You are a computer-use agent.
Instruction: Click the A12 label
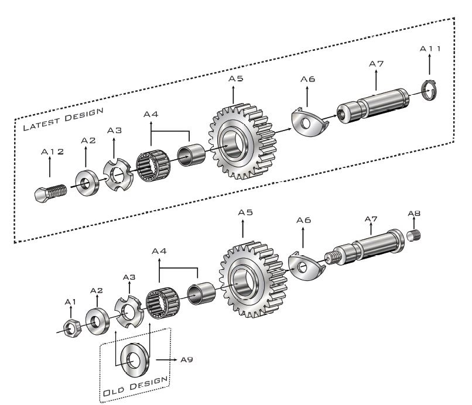[52, 152]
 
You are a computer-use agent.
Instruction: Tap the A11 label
[430, 49]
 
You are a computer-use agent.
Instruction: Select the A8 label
[414, 214]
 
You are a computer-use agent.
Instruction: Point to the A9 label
[186, 359]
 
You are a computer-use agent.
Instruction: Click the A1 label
[70, 302]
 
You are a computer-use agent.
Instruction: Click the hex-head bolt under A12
[50, 193]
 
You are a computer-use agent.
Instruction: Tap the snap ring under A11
[429, 90]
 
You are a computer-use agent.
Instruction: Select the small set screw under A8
[413, 235]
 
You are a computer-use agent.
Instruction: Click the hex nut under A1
[72, 328]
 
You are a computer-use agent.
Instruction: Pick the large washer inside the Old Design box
[135, 359]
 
